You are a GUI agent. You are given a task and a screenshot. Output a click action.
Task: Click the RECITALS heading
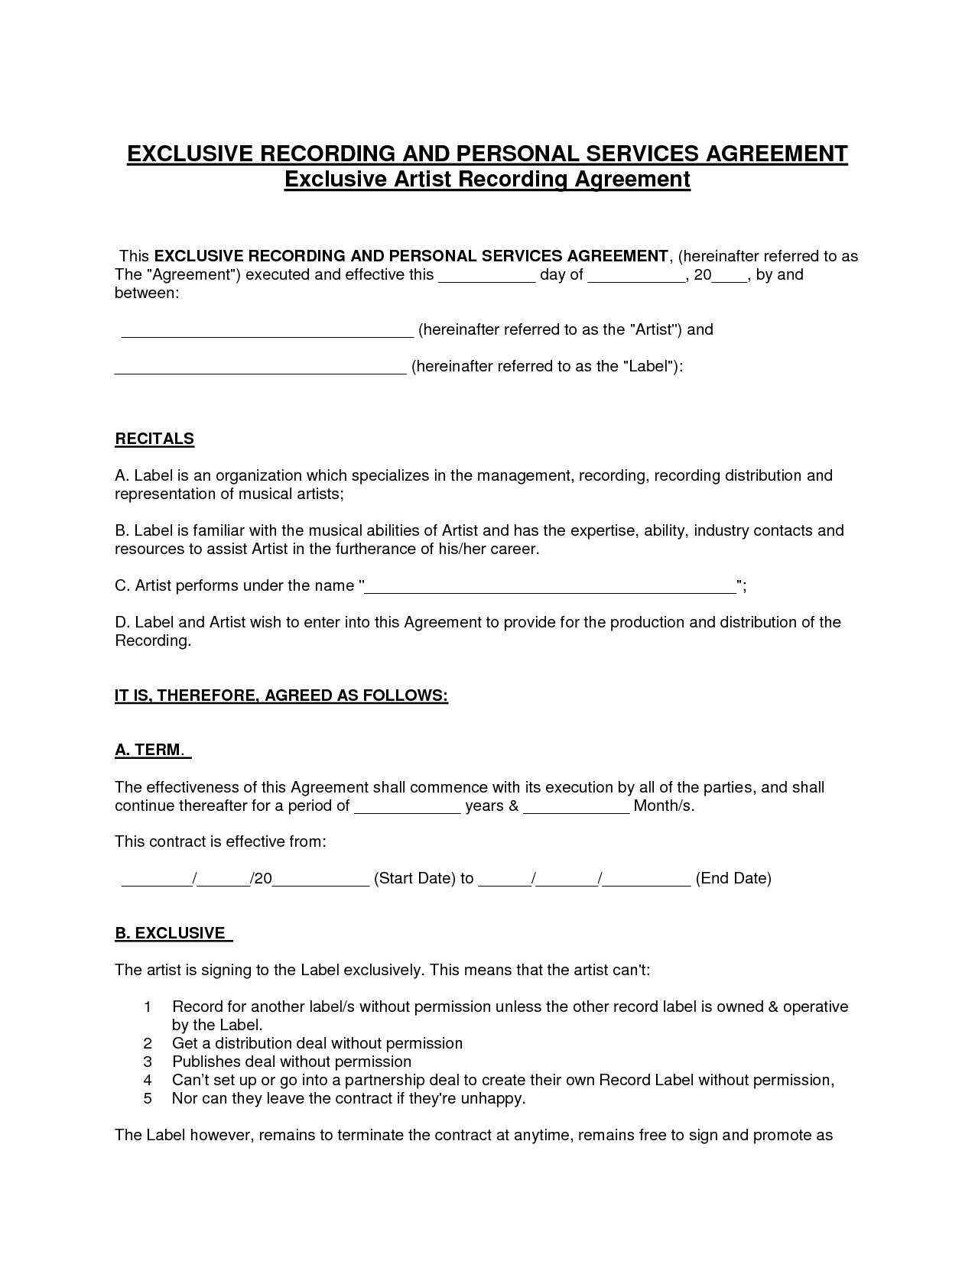point(154,439)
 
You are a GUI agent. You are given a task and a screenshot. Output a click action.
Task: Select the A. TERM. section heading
point(152,750)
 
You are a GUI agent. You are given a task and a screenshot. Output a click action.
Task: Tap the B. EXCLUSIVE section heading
point(173,933)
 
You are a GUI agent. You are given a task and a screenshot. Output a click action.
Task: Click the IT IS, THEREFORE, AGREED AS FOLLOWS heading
point(281,695)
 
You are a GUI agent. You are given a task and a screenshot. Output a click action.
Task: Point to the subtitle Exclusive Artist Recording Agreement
point(487,180)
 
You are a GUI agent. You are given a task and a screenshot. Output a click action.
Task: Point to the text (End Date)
point(733,878)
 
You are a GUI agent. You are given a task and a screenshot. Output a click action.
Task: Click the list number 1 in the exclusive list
point(148,1007)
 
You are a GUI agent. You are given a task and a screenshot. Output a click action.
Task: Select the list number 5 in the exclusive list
point(148,1098)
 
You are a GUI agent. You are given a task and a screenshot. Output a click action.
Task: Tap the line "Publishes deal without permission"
point(291,1062)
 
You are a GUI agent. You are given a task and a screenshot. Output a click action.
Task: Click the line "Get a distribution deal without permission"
point(317,1043)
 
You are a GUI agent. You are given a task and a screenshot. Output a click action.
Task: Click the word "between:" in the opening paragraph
point(147,293)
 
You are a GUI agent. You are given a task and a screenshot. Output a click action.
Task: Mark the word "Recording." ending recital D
point(153,640)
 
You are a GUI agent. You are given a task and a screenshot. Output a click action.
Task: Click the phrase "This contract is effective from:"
point(220,841)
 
